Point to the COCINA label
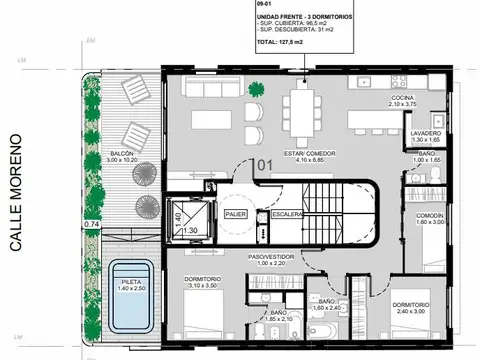(406, 99)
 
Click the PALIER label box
(236, 214)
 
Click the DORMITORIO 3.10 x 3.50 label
(208, 281)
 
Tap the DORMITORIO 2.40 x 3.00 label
(413, 308)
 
